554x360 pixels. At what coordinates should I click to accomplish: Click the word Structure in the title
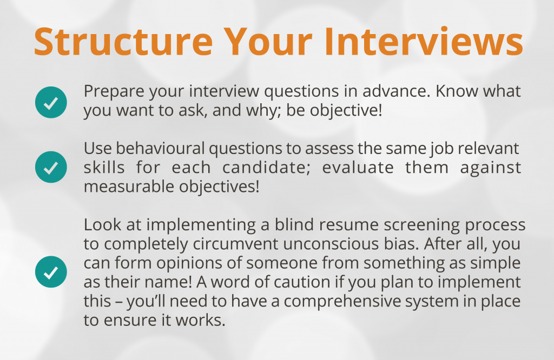(x=123, y=42)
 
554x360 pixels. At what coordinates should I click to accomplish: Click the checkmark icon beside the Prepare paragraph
(x=51, y=102)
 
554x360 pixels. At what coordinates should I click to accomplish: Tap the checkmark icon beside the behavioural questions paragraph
(x=51, y=167)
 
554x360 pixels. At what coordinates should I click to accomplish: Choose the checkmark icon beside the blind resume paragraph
(x=51, y=272)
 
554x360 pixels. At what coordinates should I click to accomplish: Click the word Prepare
(x=114, y=92)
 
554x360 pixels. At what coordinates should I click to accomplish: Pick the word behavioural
(x=160, y=148)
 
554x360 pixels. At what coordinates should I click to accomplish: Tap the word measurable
(x=129, y=186)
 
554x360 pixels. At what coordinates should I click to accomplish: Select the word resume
(x=349, y=225)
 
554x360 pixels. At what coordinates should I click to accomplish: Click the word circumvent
(x=235, y=244)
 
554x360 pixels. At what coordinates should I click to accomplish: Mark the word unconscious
(x=331, y=244)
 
